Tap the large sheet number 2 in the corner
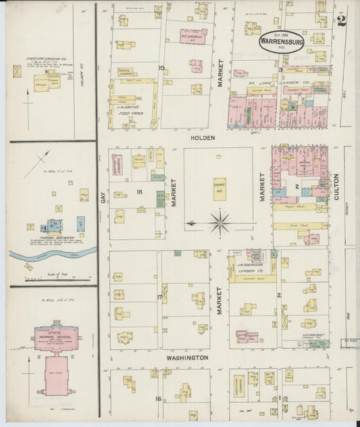click(341, 20)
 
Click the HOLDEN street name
click(203, 138)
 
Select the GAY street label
click(103, 196)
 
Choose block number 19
click(161, 68)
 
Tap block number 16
click(159, 399)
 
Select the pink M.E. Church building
click(193, 36)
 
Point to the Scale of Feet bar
click(51, 275)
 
